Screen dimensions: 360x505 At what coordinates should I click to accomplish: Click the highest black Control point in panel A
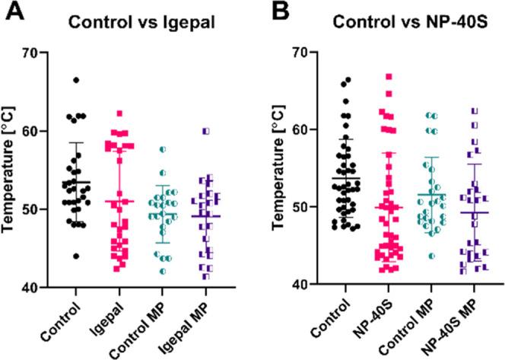[75, 80]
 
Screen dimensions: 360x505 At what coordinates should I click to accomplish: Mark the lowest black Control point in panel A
[75, 256]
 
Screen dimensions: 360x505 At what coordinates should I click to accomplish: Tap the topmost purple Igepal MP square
[205, 131]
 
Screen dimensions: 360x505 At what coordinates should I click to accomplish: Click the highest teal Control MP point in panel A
[162, 150]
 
